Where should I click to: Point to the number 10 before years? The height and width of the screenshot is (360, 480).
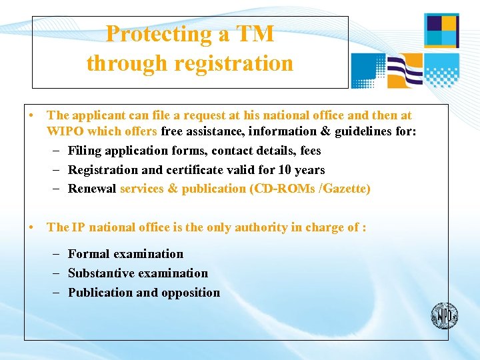click(285, 169)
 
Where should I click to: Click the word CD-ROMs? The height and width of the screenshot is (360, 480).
click(279, 189)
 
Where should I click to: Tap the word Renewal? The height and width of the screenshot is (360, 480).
click(92, 189)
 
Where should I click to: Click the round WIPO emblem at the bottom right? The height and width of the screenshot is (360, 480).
click(444, 315)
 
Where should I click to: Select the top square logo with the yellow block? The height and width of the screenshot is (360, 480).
click(441, 31)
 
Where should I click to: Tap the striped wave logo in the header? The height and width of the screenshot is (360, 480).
click(405, 71)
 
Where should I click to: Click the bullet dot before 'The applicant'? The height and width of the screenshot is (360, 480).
click(32, 115)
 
